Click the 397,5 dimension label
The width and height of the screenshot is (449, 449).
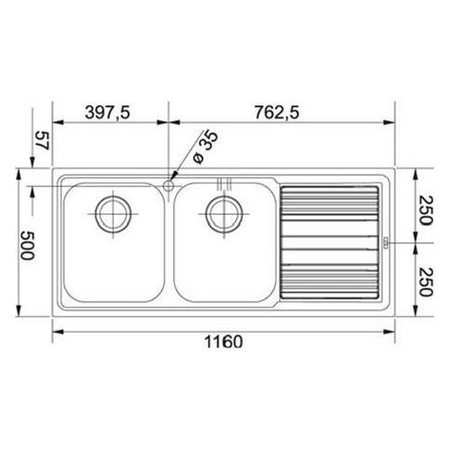pos(108,113)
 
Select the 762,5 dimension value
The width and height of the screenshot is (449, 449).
pos(277,113)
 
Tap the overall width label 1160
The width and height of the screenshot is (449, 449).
pos(224,342)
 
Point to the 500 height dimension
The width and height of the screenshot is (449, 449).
pos(27,245)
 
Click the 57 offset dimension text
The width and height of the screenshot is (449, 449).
pos(42,140)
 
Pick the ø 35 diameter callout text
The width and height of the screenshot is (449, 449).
pos(206,147)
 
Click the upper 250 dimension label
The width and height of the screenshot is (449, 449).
pos(426,210)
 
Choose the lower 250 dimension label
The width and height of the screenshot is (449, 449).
pos(426,282)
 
